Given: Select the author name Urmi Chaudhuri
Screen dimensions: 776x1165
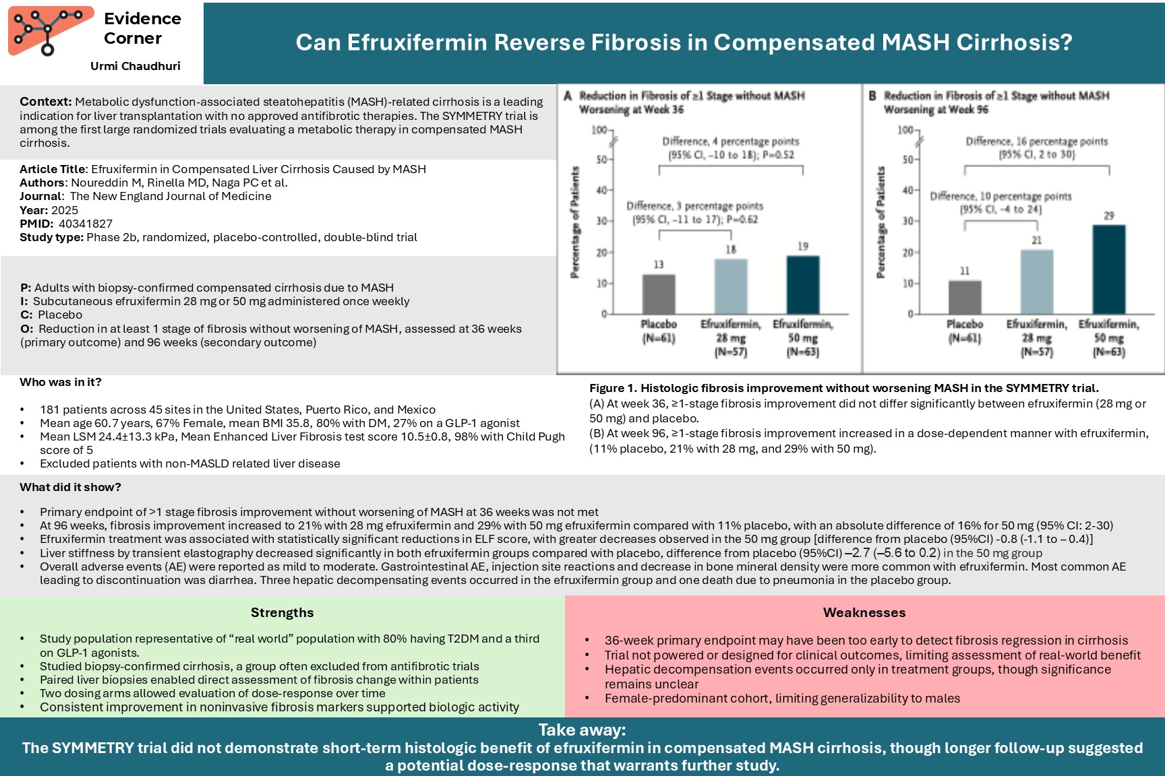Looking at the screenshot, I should pos(135,66).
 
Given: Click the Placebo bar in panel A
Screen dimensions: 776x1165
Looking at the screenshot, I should pos(659,294).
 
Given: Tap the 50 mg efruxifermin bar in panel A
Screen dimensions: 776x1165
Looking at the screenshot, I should pos(803,285).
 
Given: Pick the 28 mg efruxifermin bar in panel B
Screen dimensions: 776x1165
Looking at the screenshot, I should pos(1037,282).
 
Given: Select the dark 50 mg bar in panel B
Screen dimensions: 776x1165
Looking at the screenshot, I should pos(1109,269).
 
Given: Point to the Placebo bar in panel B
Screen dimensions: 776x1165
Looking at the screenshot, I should pos(965,297).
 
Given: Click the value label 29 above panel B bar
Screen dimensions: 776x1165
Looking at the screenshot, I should pos(1109,216).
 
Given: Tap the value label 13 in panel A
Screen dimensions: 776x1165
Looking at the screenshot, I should pos(659,265).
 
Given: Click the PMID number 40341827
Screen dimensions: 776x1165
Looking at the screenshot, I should pos(86,224).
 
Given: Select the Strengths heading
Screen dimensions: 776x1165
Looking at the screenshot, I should pos(282,612).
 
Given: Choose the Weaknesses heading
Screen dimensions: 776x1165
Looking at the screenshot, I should pos(864,612).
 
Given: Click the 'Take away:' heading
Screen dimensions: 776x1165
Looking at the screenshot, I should pos(582,730).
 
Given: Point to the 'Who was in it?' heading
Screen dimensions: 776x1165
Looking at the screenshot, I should pos(61,382).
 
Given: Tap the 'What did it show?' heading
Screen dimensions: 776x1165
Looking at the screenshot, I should pos(70,487).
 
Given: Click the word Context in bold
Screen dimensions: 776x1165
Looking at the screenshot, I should pos(45,102).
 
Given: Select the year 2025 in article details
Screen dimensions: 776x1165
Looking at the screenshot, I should pos(65,210).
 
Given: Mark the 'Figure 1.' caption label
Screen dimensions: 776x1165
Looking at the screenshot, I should pos(613,388).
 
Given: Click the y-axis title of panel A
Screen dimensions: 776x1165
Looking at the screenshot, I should pos(575,222).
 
